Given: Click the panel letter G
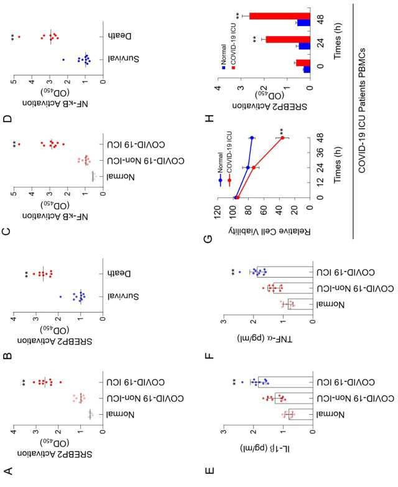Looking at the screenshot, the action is tap(209, 239).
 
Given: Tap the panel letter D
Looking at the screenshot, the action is tap(7, 118).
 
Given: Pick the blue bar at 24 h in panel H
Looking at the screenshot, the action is tap(305, 46).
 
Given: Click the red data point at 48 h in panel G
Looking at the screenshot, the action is tap(282, 138).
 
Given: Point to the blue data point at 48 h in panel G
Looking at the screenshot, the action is tap(252, 138).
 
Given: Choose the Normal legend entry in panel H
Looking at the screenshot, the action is tap(223, 56).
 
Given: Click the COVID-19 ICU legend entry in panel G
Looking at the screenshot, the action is tap(229, 158).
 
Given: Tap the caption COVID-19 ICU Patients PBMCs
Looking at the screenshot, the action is tap(362, 110).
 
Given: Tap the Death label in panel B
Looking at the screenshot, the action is tap(119, 273).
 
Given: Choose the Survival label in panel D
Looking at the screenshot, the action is tap(123, 59).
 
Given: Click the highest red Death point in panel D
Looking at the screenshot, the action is tap(19, 37).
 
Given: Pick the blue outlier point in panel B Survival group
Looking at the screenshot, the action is tap(60, 297).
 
